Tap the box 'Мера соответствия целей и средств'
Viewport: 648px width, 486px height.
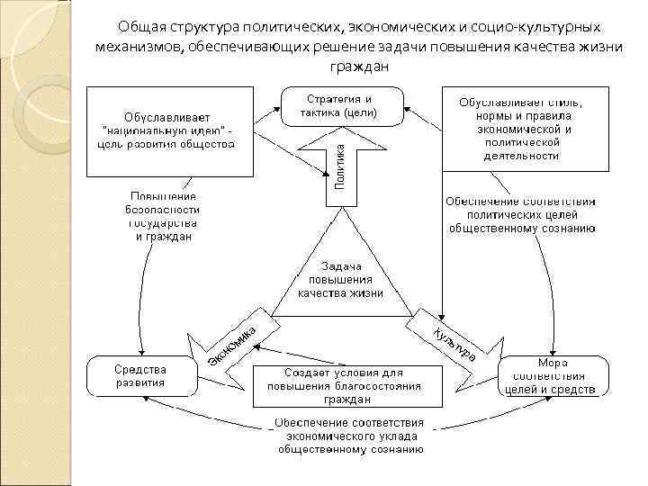click(x=553, y=374)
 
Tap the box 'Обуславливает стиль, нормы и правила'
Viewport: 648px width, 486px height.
click(x=521, y=129)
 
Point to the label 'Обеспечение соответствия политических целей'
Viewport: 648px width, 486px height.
click(x=521, y=214)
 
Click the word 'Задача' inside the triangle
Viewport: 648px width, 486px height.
click(x=341, y=265)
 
